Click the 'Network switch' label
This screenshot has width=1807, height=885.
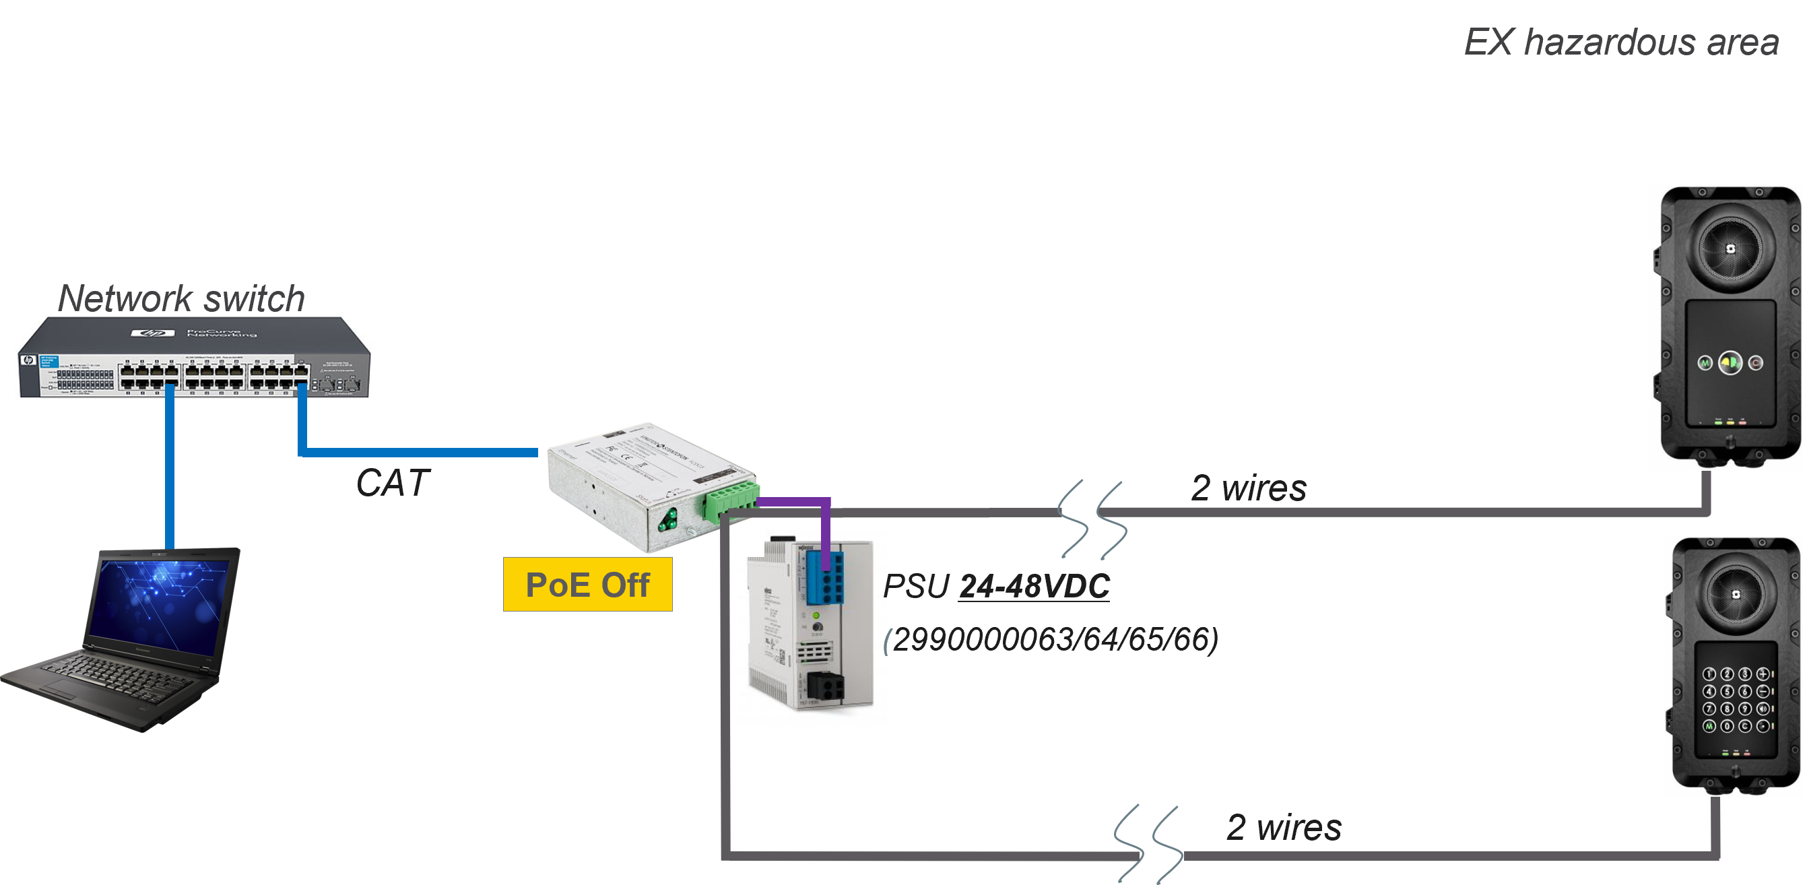[181, 298]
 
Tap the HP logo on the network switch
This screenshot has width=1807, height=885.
[153, 334]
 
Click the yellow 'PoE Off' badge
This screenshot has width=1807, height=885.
[588, 585]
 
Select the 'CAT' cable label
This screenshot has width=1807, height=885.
[392, 483]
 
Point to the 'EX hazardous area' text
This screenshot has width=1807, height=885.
[1620, 42]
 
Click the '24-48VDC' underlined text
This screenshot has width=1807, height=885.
[1034, 586]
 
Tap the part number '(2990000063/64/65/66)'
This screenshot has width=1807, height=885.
[1051, 640]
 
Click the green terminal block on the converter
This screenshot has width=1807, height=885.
[729, 498]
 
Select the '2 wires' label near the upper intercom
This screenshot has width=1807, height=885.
[1249, 488]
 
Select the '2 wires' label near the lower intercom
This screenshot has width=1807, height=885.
[1284, 828]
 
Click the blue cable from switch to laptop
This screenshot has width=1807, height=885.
[170, 470]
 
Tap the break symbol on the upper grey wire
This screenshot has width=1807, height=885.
[1092, 519]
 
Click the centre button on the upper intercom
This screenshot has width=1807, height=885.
[1730, 362]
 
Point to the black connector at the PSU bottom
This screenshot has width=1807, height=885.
[825, 685]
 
